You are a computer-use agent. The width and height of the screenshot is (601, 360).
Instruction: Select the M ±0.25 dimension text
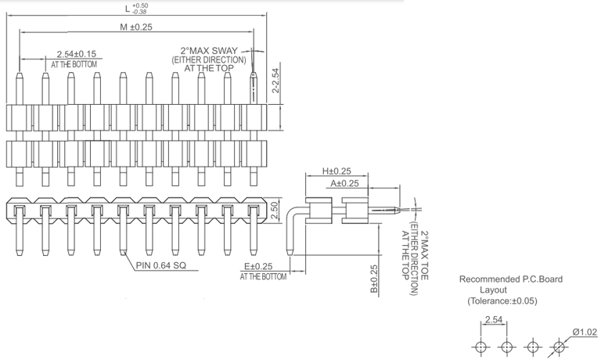point(136,27)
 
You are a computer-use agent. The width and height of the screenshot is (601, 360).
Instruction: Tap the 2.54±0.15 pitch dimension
point(76,54)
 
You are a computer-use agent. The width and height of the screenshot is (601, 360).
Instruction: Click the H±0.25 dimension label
point(336,171)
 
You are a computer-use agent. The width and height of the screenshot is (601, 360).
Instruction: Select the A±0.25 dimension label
point(344,183)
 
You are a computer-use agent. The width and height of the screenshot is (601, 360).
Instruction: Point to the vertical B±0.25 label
point(375,279)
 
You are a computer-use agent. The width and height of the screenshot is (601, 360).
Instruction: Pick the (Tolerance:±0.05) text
point(502,301)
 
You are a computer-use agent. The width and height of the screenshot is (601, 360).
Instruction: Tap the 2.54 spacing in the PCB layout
point(493,319)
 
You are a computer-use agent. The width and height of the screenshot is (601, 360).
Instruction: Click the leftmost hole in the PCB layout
point(480,347)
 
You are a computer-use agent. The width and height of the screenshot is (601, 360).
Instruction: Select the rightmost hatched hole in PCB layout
point(559,347)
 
